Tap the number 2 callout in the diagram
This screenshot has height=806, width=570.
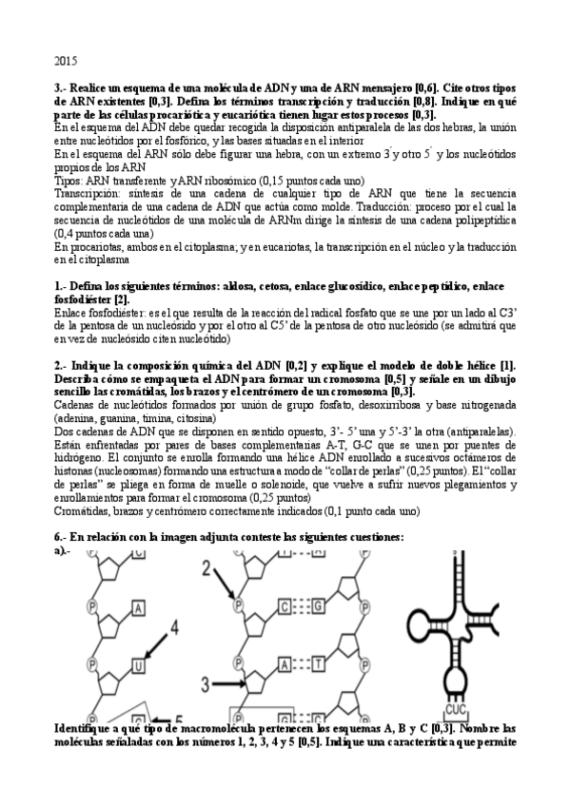pos(208,568)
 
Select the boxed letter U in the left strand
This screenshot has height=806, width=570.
pos(139,665)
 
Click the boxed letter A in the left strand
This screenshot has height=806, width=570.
pos(139,609)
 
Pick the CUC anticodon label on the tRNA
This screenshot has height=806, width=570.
pos(456,708)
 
